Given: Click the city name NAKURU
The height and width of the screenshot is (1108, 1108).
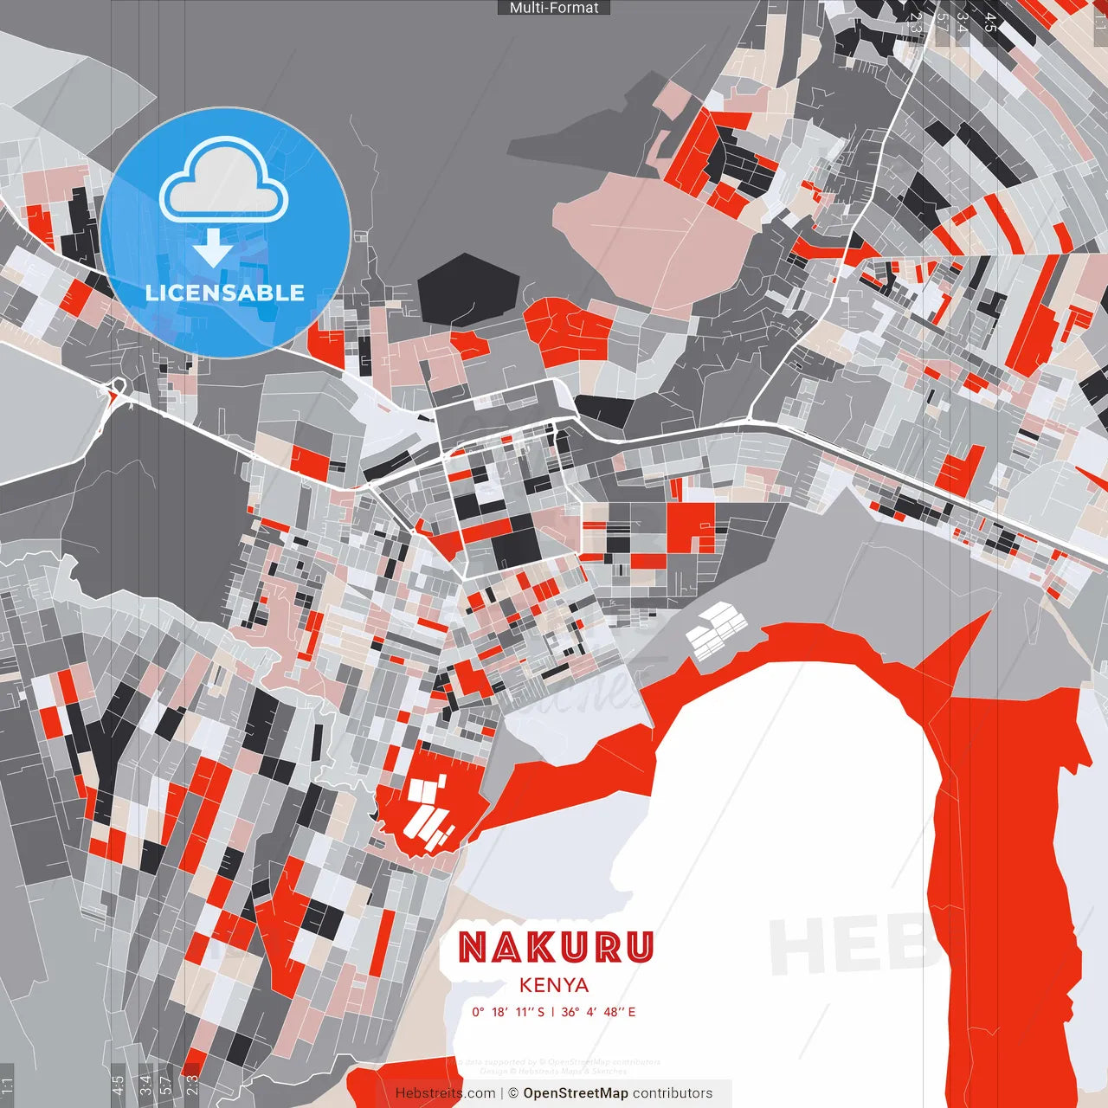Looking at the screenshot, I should pos(556,947).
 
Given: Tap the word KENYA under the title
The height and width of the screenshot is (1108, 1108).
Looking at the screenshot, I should pos(554,985).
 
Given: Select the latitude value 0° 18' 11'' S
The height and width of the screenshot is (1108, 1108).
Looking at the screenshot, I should pos(508,1012).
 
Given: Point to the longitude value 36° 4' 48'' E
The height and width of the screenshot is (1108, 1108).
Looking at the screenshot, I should pos(598,1012).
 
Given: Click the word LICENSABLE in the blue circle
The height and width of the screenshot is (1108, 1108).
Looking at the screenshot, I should pos(225,293).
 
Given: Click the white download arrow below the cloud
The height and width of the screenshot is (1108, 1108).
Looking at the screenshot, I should pos(213,248).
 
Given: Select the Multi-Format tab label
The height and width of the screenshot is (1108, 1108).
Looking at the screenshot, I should pos(554,8).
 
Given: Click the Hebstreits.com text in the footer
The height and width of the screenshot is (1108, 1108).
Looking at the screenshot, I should pos(445,1093).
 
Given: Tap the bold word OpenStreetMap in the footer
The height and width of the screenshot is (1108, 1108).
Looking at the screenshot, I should pos(576,1093).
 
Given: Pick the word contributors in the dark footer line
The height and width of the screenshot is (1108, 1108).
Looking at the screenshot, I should pos(673,1093).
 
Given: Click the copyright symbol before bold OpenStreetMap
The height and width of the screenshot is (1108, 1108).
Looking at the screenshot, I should pos(513,1093).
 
